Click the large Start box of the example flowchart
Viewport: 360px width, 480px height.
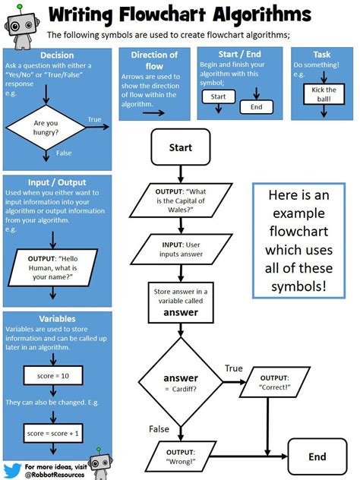pos(180,147)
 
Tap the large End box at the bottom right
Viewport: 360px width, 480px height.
pos(317,457)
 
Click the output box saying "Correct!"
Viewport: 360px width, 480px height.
pos(274,382)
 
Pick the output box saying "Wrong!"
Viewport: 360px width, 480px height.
pos(181,456)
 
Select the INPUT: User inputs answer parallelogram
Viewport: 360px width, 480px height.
pos(181,250)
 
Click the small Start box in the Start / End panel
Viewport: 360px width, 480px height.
pos(219,97)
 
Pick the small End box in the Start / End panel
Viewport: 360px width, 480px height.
pos(256,107)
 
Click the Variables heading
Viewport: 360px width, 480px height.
pos(55,319)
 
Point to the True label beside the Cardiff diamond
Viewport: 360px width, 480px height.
pos(233,368)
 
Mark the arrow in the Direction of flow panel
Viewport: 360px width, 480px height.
pos(153,111)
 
